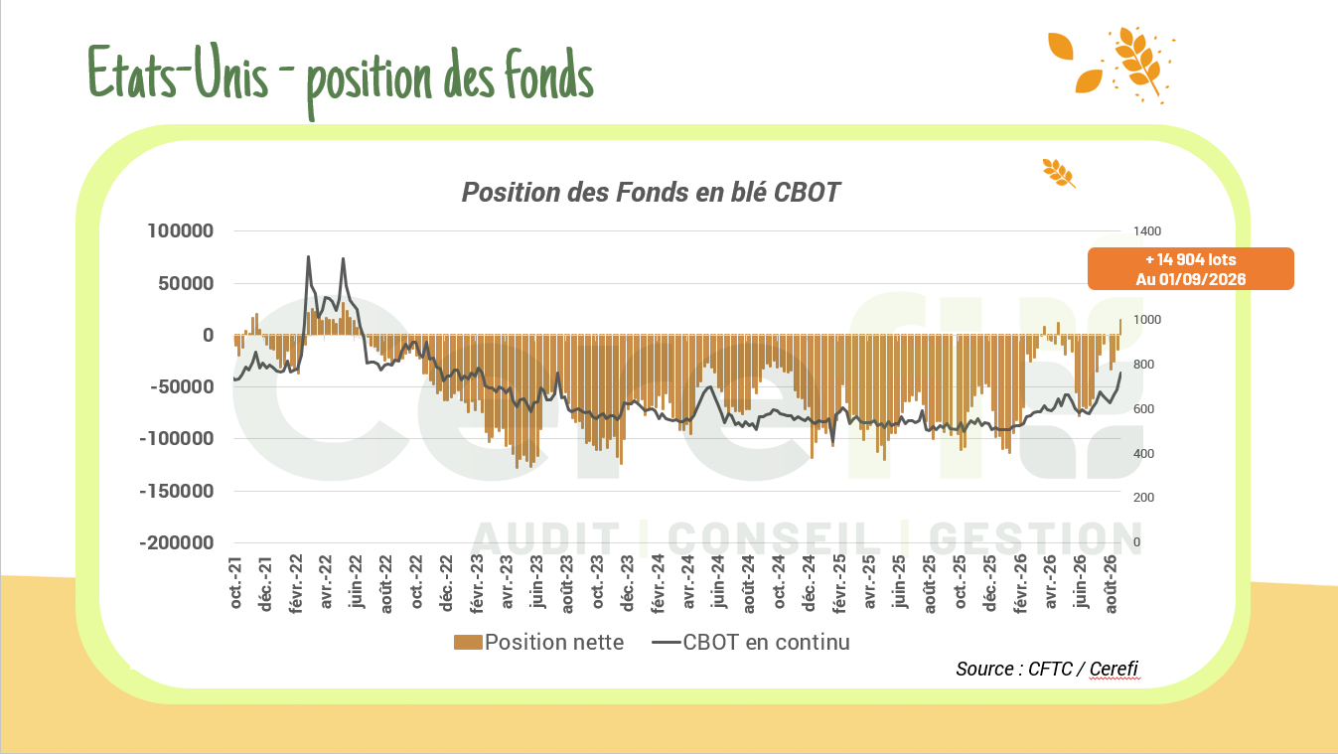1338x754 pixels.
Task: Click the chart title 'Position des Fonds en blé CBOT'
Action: pos(651,193)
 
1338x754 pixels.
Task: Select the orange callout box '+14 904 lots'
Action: pos(1190,269)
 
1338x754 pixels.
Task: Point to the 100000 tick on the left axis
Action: pos(181,230)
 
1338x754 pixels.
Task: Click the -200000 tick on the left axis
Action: pos(176,543)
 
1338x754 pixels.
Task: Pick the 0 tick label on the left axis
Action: pos(208,335)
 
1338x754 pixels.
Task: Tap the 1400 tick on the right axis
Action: pos(1147,231)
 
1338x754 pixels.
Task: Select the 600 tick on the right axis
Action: pos(1143,409)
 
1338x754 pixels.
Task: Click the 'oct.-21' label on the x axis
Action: pos(236,582)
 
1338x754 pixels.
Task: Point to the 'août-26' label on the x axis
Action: pos(1111,584)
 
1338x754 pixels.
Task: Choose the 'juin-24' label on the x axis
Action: pos(718,582)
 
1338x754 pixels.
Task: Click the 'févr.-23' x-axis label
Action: pos(477,584)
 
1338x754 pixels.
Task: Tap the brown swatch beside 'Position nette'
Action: pos(468,643)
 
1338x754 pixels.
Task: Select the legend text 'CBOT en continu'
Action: pos(766,643)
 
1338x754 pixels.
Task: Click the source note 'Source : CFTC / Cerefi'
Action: pos(1047,669)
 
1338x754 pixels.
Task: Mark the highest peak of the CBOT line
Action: pos(308,257)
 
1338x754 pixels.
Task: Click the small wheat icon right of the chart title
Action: pos(1059,173)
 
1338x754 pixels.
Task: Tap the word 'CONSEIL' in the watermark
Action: pos(774,538)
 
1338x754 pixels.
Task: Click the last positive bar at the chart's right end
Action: pos(1120,328)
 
